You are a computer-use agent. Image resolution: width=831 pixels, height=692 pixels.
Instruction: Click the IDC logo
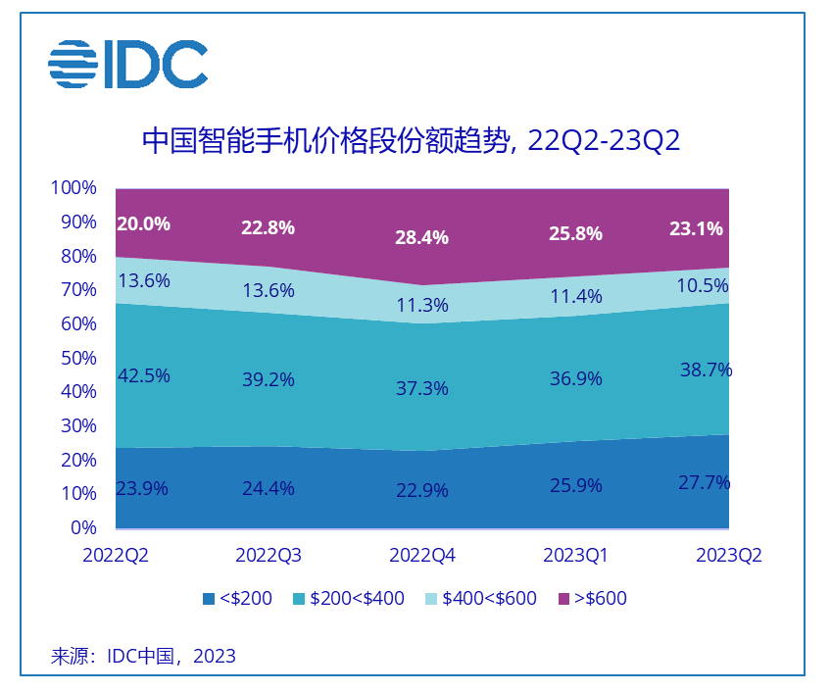tap(127, 64)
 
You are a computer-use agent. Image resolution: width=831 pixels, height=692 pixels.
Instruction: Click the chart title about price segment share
tap(411, 140)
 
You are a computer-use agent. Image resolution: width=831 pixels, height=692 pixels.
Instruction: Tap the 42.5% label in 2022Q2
tap(143, 375)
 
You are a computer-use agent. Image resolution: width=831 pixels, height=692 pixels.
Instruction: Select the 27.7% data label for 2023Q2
tap(706, 482)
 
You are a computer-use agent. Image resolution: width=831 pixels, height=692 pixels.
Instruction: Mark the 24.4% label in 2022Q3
tap(269, 488)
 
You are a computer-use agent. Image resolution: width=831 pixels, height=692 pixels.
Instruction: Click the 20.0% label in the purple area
tap(143, 223)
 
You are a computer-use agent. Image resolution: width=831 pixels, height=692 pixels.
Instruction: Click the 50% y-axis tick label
tap(77, 358)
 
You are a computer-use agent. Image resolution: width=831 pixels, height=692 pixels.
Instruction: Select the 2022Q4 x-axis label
tap(422, 556)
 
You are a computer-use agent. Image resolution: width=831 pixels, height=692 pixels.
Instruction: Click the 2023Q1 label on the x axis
tap(576, 556)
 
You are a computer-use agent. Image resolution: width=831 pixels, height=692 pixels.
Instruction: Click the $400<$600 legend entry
tap(480, 598)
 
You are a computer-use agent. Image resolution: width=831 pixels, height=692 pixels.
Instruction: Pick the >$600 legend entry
tap(592, 598)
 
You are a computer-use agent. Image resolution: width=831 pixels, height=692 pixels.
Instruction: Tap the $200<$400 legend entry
tap(348, 598)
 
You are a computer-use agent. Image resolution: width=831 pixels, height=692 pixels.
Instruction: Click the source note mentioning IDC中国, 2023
tap(143, 656)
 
